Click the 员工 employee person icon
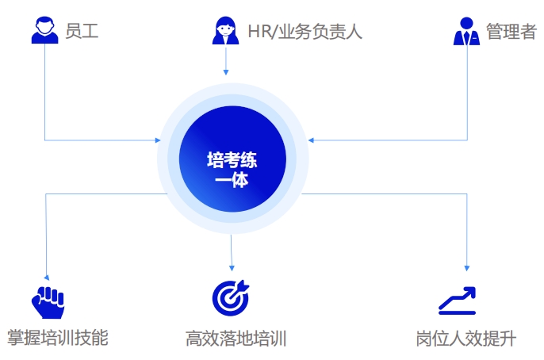click(x=44, y=30)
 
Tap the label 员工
click(x=82, y=31)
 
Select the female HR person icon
click(x=225, y=30)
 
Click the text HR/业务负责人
click(x=305, y=32)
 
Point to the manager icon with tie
click(x=466, y=31)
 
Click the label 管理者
click(x=511, y=31)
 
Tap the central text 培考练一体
click(x=232, y=170)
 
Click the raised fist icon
click(x=48, y=302)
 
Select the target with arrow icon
click(x=231, y=298)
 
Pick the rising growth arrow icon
click(x=457, y=301)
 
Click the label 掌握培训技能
click(x=58, y=338)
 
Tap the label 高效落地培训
click(x=236, y=339)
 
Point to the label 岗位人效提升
click(x=466, y=339)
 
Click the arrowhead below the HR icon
click(x=226, y=72)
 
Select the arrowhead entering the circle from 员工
click(x=158, y=140)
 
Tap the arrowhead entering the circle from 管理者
click(x=311, y=140)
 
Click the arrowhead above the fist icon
click(x=47, y=278)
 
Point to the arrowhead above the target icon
click(x=232, y=268)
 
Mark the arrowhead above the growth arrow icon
click(x=467, y=268)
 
